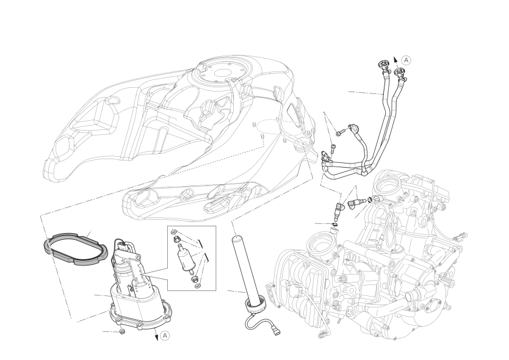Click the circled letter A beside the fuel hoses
click(x=406, y=60)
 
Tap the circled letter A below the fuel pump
click(x=165, y=336)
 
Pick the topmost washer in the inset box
click(x=175, y=232)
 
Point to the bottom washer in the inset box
click(x=198, y=286)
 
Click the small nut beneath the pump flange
click(x=121, y=331)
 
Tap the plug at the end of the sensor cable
click(x=276, y=332)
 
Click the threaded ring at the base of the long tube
click(x=256, y=306)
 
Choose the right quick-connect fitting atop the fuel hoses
click(x=400, y=73)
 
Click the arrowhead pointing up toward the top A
click(x=395, y=59)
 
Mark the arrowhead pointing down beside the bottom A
click(x=157, y=337)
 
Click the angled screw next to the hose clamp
click(x=339, y=133)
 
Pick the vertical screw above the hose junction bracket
click(x=332, y=149)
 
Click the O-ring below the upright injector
click(x=335, y=225)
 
